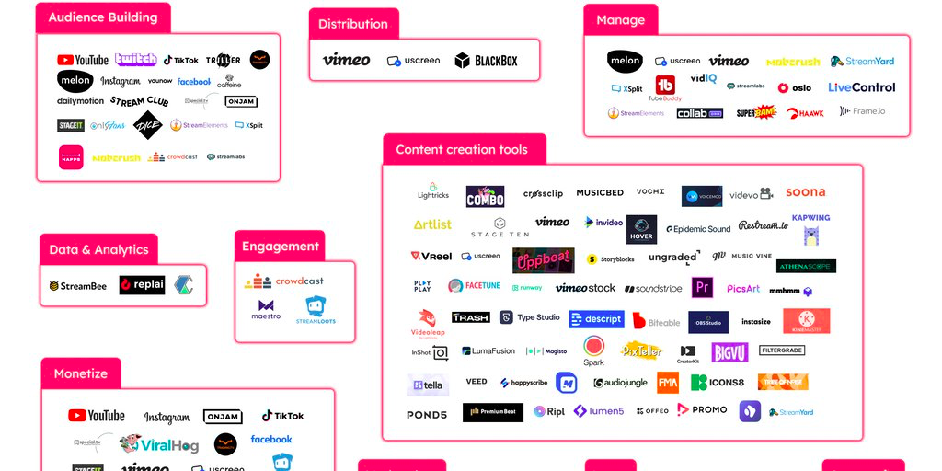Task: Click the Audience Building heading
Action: click(103, 17)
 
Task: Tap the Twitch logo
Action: click(136, 60)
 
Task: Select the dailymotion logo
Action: click(80, 101)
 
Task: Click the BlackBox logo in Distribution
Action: click(487, 61)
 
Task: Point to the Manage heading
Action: click(620, 19)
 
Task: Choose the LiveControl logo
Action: click(861, 87)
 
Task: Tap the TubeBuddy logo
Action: click(664, 88)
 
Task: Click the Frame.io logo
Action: click(862, 111)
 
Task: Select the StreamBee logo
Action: click(77, 286)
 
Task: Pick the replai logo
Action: click(143, 285)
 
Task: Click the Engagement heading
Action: click(280, 247)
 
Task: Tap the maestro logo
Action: click(266, 309)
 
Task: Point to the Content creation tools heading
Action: click(462, 149)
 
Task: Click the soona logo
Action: click(805, 192)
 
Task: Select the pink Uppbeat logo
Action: click(542, 260)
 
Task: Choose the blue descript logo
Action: click(596, 319)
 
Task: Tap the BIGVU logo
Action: click(729, 351)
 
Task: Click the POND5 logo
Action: click(427, 415)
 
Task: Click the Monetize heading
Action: click(81, 373)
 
